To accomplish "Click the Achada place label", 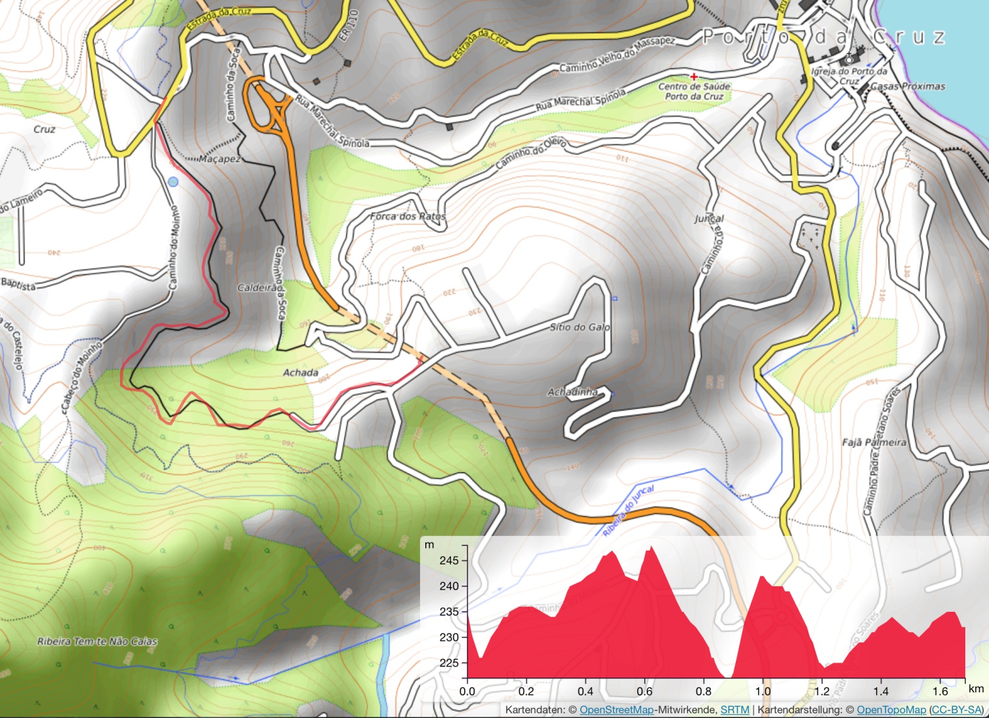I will pyautogui.click(x=301, y=373).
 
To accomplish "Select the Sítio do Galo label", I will pyautogui.click(x=580, y=327).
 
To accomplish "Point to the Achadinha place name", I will pyautogui.click(x=572, y=392).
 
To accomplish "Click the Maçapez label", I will pyautogui.click(x=220, y=159).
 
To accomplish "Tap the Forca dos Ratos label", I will pyautogui.click(x=407, y=216).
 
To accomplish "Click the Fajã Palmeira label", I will pyautogui.click(x=874, y=442).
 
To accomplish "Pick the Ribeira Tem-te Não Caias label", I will pyautogui.click(x=97, y=642).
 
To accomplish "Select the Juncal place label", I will pyautogui.click(x=709, y=218).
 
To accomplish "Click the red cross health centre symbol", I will pyautogui.click(x=694, y=77).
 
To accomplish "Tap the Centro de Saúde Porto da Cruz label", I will pyautogui.click(x=694, y=92).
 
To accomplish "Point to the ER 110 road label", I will pyautogui.click(x=348, y=25).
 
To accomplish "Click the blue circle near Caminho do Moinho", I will pyautogui.click(x=173, y=181).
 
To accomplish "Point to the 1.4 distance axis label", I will pyautogui.click(x=881, y=691).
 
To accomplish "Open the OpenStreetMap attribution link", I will pyautogui.click(x=616, y=709).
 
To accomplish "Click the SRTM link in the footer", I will pyautogui.click(x=734, y=709).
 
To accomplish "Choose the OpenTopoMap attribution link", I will pyautogui.click(x=891, y=709).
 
